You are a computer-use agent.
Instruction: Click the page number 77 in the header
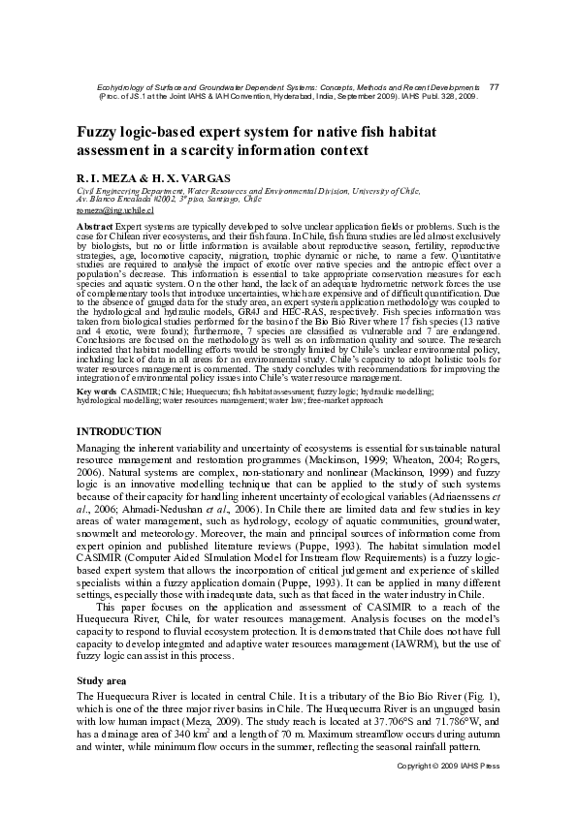coord(494,87)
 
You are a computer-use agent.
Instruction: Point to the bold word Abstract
coord(95,225)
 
